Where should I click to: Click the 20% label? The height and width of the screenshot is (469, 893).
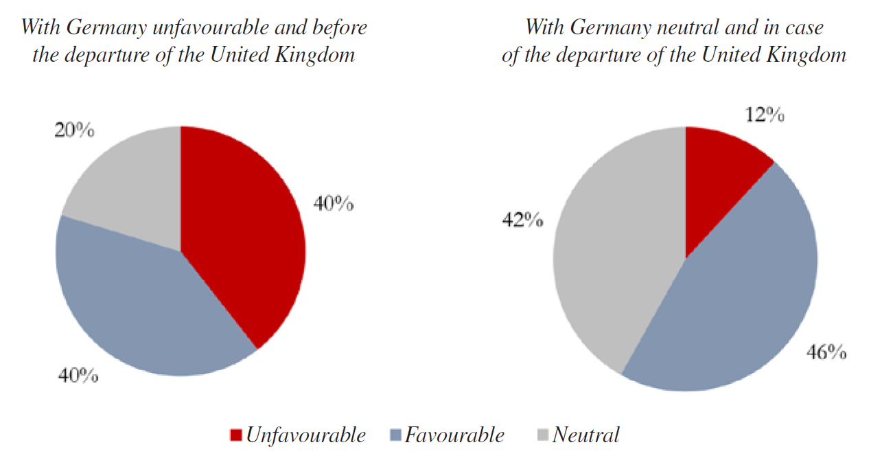coord(73,130)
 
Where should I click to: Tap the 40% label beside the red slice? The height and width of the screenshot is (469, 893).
coord(334,203)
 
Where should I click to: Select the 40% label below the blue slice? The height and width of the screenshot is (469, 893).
coord(78,376)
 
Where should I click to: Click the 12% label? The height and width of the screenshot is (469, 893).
coord(765,115)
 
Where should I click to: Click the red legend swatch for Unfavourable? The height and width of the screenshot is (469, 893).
coord(236,435)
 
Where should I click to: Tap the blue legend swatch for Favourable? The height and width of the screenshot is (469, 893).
coord(395,435)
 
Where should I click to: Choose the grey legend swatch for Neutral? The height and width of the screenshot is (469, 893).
coord(542,435)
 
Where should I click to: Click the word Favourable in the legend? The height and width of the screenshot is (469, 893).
coord(454,435)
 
